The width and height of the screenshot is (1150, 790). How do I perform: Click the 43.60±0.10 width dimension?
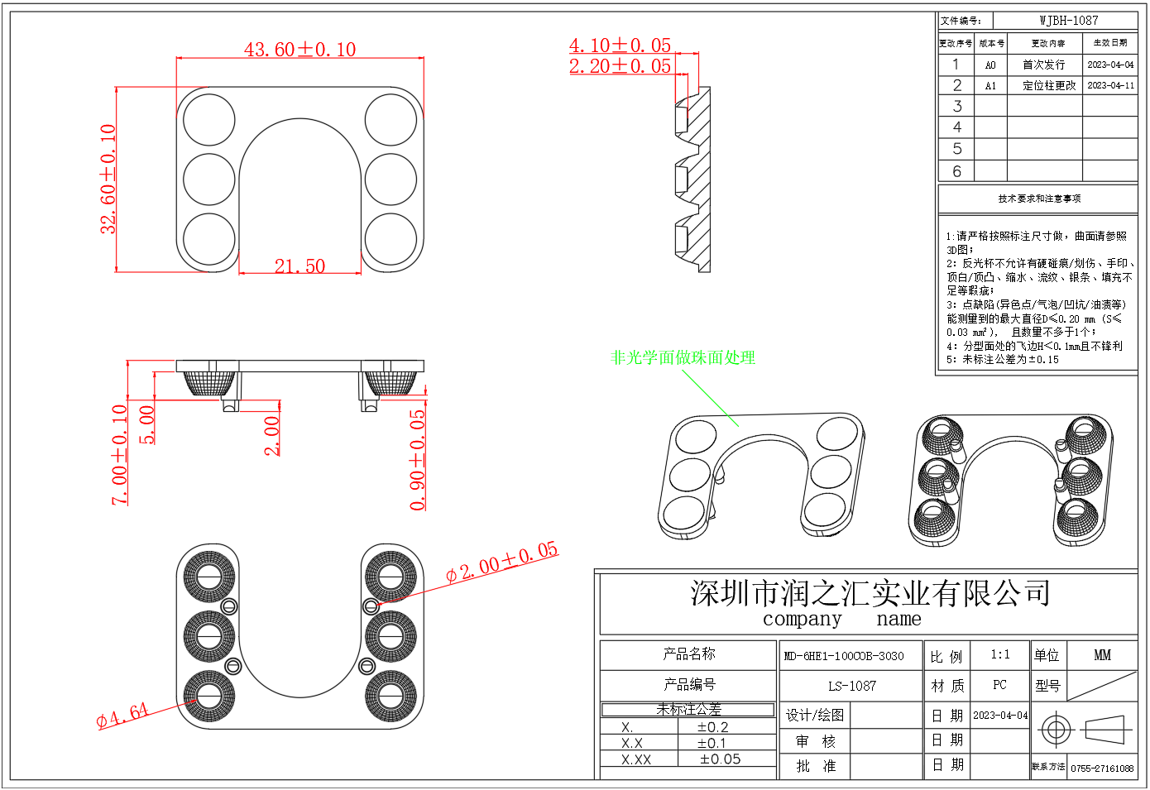(x=299, y=50)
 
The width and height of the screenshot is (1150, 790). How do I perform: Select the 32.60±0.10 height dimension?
(x=108, y=179)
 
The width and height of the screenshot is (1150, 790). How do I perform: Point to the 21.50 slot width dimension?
(x=299, y=266)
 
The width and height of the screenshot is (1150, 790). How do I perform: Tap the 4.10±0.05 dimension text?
(x=620, y=45)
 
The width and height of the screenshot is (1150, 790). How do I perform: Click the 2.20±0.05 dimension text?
(x=620, y=66)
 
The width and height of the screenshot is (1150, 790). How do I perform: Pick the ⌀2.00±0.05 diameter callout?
(x=501, y=563)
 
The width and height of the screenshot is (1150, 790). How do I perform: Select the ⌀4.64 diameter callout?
(x=122, y=715)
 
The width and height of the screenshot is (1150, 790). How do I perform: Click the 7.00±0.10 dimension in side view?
(x=120, y=454)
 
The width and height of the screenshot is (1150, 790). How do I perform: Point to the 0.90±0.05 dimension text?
(x=418, y=460)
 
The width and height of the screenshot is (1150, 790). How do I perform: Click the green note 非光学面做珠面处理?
(x=683, y=357)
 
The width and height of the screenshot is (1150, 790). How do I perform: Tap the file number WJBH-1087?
(x=1068, y=21)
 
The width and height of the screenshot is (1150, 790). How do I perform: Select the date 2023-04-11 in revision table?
(x=1110, y=85)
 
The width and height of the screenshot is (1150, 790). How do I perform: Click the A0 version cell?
(x=990, y=65)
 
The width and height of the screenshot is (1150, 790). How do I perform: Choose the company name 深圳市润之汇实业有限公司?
(x=870, y=593)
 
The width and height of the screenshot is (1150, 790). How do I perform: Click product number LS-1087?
(x=851, y=686)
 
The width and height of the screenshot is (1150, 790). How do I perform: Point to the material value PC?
(x=999, y=685)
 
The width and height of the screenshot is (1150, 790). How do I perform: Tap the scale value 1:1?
(x=999, y=654)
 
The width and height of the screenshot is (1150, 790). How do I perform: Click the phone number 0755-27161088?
(x=1102, y=768)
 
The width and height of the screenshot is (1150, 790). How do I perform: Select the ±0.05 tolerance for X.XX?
(x=720, y=759)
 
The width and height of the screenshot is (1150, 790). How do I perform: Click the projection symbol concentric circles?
(x=1055, y=730)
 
